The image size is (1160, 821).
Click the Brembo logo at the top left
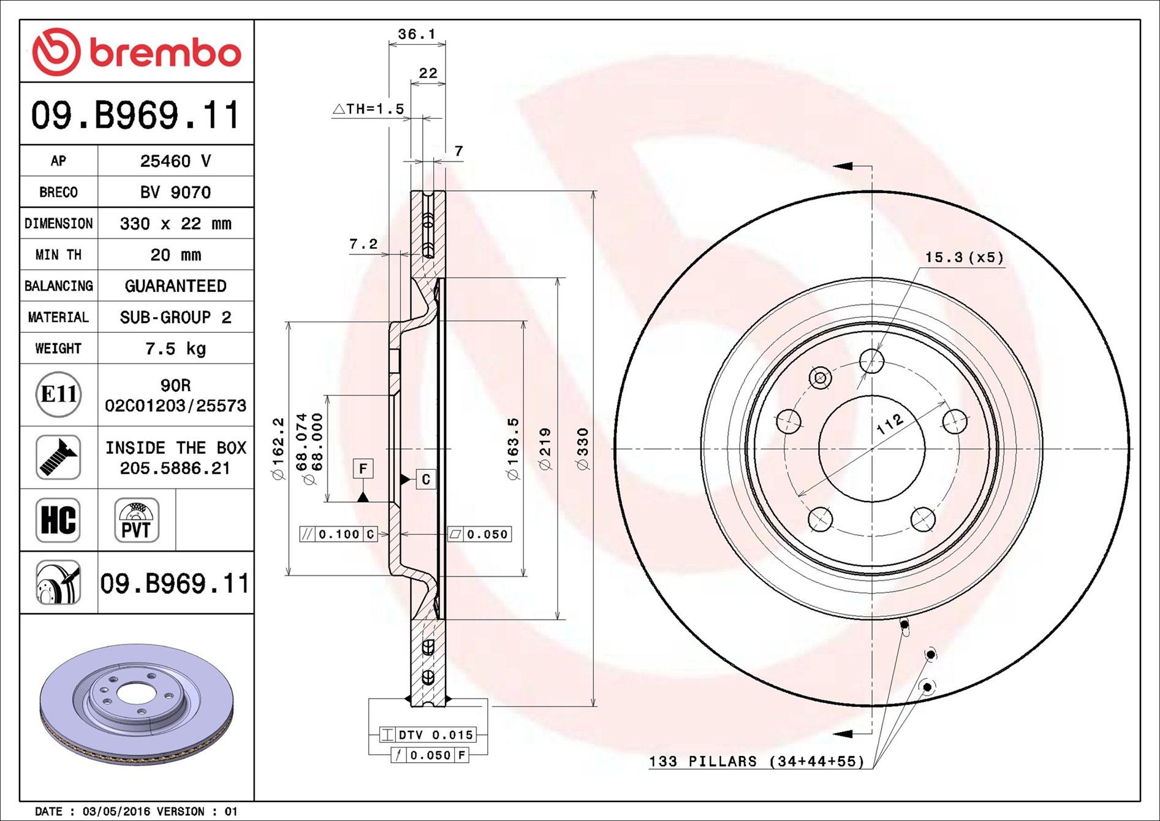point(137,52)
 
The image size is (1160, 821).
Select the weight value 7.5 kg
point(176,349)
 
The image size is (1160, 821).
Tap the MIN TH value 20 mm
point(176,255)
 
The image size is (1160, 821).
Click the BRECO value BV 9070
point(176,193)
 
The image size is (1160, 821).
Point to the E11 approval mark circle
point(59,394)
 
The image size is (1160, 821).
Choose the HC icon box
point(58,520)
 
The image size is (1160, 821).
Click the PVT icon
point(137,520)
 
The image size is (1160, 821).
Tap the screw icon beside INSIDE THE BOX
point(58,457)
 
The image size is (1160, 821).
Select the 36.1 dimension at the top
point(417,34)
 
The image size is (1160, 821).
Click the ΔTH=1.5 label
point(368,109)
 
